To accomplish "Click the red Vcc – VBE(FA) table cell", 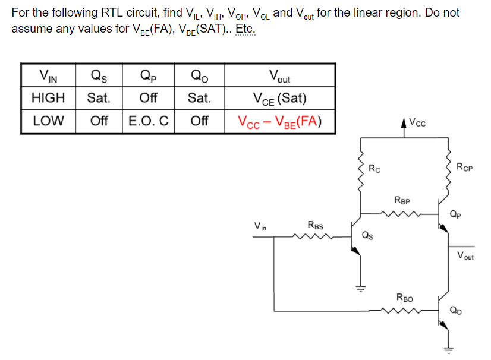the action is click(279, 121).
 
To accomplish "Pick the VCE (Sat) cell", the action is click(279, 98).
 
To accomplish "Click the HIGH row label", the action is click(48, 97).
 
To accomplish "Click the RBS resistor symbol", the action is click(313, 236).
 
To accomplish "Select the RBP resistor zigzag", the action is click(401, 214).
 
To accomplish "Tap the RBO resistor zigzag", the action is click(401, 311).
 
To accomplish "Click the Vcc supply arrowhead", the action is click(404, 123).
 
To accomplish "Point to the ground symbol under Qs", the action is click(360, 289).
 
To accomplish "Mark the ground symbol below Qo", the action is click(448, 350).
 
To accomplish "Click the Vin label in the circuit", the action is click(260, 226).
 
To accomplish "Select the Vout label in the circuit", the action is click(465, 255).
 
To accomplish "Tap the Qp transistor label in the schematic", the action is click(455, 214).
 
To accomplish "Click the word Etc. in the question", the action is click(245, 29).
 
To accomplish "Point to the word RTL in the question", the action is click(112, 13).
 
